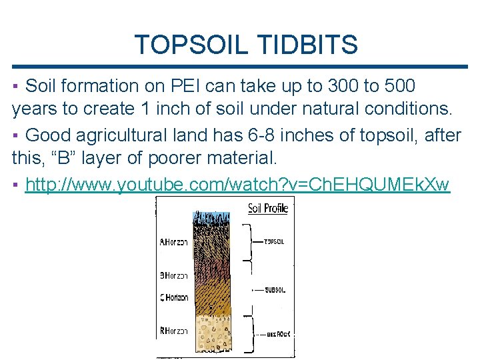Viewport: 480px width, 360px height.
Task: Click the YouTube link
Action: click(237, 185)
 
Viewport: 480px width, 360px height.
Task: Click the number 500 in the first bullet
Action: click(397, 86)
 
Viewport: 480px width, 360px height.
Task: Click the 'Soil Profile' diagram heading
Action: click(268, 208)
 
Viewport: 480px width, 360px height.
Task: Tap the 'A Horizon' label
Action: click(173, 243)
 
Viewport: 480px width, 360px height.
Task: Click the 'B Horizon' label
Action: click(173, 275)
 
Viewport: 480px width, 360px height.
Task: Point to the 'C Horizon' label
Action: click(173, 297)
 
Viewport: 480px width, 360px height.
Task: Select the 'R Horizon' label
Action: click(173, 331)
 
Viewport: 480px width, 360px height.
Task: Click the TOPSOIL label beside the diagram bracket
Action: click(275, 241)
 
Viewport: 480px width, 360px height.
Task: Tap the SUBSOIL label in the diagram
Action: click(275, 290)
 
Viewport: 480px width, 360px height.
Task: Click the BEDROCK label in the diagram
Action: click(278, 333)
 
